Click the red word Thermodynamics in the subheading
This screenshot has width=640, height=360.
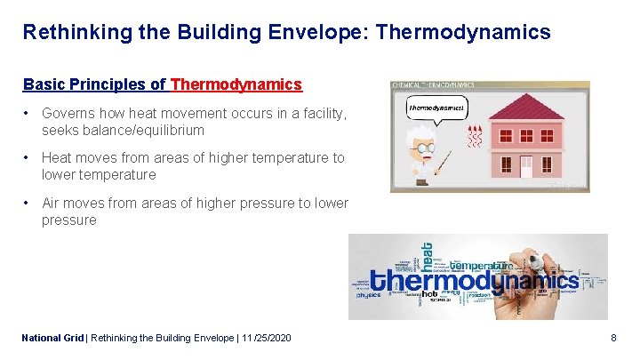(236, 84)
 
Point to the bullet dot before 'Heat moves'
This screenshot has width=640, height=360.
(28, 158)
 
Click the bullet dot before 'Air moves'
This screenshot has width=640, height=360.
(28, 204)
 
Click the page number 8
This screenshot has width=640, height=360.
(613, 338)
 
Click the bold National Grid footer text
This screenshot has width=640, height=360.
(52, 338)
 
